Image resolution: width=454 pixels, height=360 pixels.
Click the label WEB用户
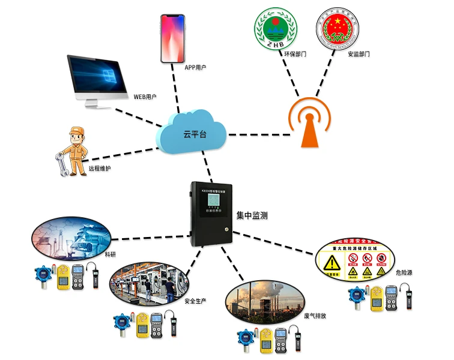tap(145, 96)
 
